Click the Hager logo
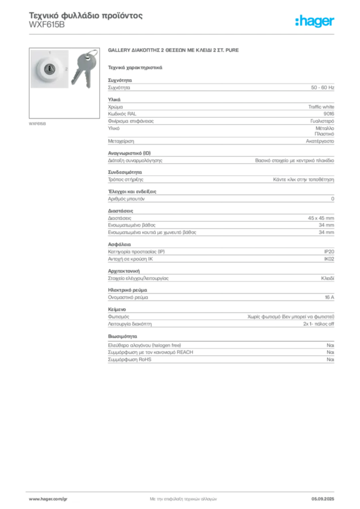315,21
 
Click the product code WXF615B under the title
47,25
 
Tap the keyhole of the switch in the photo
49,69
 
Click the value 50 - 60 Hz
322,87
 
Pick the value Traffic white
321,107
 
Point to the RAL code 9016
329,114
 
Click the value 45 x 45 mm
321,218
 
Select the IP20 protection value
329,252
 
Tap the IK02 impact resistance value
329,259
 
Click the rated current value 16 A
329,297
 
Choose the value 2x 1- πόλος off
318,324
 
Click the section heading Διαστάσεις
120,211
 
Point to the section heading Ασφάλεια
119,245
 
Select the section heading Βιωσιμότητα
122,337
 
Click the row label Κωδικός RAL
122,114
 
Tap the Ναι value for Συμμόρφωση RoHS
330,360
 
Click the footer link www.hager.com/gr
48,499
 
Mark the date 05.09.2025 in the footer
323,499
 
